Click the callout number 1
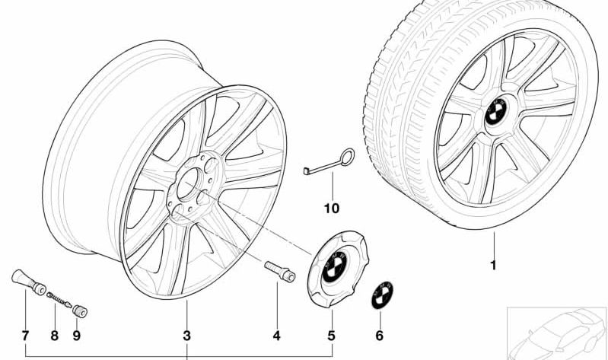point(494,266)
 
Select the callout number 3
point(187,336)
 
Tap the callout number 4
point(276,336)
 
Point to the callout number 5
point(331,336)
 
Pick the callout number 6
point(379,336)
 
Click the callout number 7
point(26,336)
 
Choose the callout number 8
point(55,336)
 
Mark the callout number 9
point(76,336)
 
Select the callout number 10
point(332,209)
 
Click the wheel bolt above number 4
point(280,271)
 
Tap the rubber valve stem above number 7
point(29,282)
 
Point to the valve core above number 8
point(59,300)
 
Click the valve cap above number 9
point(80,311)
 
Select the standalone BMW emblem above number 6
point(382,295)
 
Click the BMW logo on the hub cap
point(334,266)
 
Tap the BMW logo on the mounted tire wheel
point(496,112)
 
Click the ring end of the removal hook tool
point(348,156)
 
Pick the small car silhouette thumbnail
point(557,333)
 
